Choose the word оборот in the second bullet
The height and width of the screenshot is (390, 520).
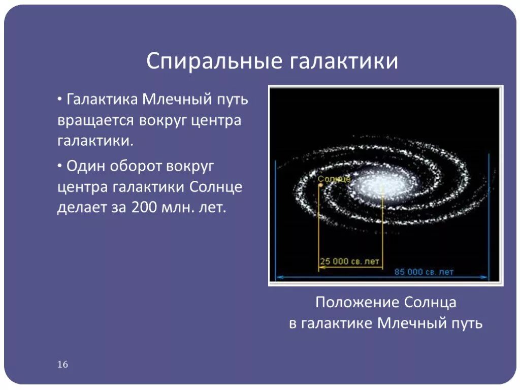tap(139, 166)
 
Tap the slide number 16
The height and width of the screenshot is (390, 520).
tap(62, 365)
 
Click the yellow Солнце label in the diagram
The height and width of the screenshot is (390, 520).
tap(334, 179)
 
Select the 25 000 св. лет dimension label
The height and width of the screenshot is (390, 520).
tap(349, 261)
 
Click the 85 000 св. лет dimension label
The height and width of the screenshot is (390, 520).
tap(424, 272)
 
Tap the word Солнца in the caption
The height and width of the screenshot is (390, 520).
tap(431, 303)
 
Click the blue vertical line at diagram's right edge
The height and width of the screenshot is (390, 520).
tap(489, 218)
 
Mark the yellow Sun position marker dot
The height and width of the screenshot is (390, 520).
tap(320, 185)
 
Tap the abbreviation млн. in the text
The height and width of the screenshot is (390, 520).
tap(176, 208)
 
